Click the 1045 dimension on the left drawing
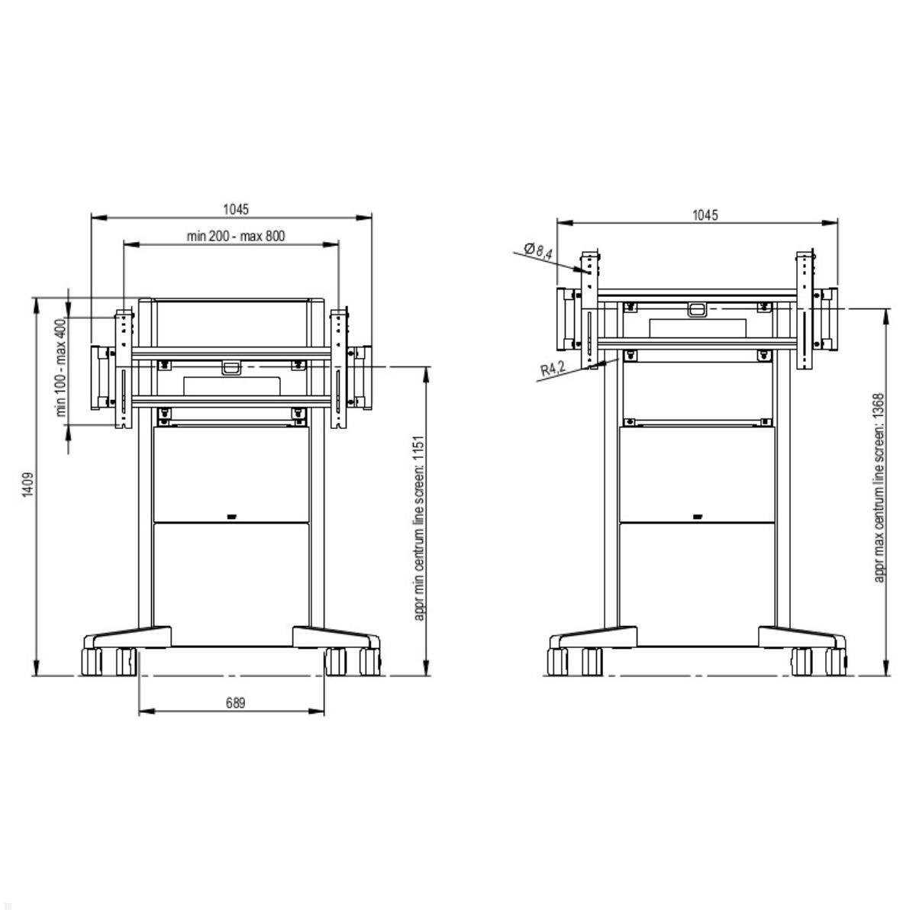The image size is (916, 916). pos(235,208)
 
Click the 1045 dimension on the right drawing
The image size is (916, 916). pos(705,214)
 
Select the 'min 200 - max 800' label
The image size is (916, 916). pos(235,236)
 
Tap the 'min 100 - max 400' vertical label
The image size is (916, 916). pos(61,367)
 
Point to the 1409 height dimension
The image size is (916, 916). pos(27,485)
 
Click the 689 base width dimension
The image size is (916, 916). pos(235,703)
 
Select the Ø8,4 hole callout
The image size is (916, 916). pos(538,250)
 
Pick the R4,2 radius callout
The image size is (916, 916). pos(552,369)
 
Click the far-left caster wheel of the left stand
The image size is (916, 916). pos(91,661)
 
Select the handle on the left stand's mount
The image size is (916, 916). pos(231,368)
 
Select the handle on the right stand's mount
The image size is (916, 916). pos(697,310)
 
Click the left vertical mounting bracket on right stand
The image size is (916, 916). pos(590,309)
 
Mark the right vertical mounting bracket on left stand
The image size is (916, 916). pos(339,368)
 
